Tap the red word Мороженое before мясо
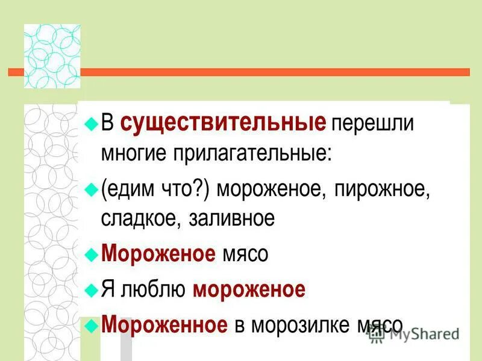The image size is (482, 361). coord(158,254)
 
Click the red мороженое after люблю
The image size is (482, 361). coord(249,290)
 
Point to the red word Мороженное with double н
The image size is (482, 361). coord(164,325)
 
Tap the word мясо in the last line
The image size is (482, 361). coord(379,325)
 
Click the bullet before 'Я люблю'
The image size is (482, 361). coord(91,290)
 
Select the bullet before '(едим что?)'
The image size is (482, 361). coord(91,190)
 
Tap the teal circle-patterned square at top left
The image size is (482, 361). coord(52,56)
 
